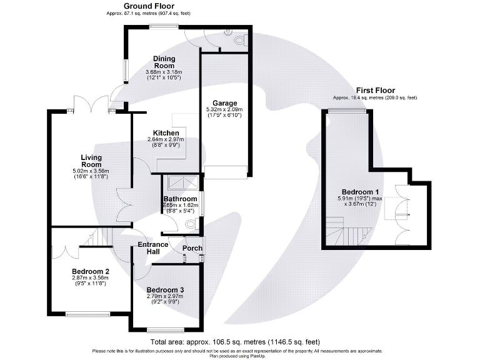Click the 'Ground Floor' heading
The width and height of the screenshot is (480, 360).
click(x=136, y=6)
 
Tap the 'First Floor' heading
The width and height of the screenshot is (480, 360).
click(x=375, y=91)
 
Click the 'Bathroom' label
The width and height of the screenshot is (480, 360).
click(x=181, y=199)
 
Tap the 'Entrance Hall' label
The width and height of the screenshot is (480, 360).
click(x=152, y=247)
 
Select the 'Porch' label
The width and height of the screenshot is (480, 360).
click(x=191, y=247)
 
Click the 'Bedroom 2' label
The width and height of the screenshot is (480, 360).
click(x=91, y=271)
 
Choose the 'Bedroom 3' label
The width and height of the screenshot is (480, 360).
click(x=166, y=290)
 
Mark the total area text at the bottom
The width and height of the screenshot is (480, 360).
click(x=235, y=342)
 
